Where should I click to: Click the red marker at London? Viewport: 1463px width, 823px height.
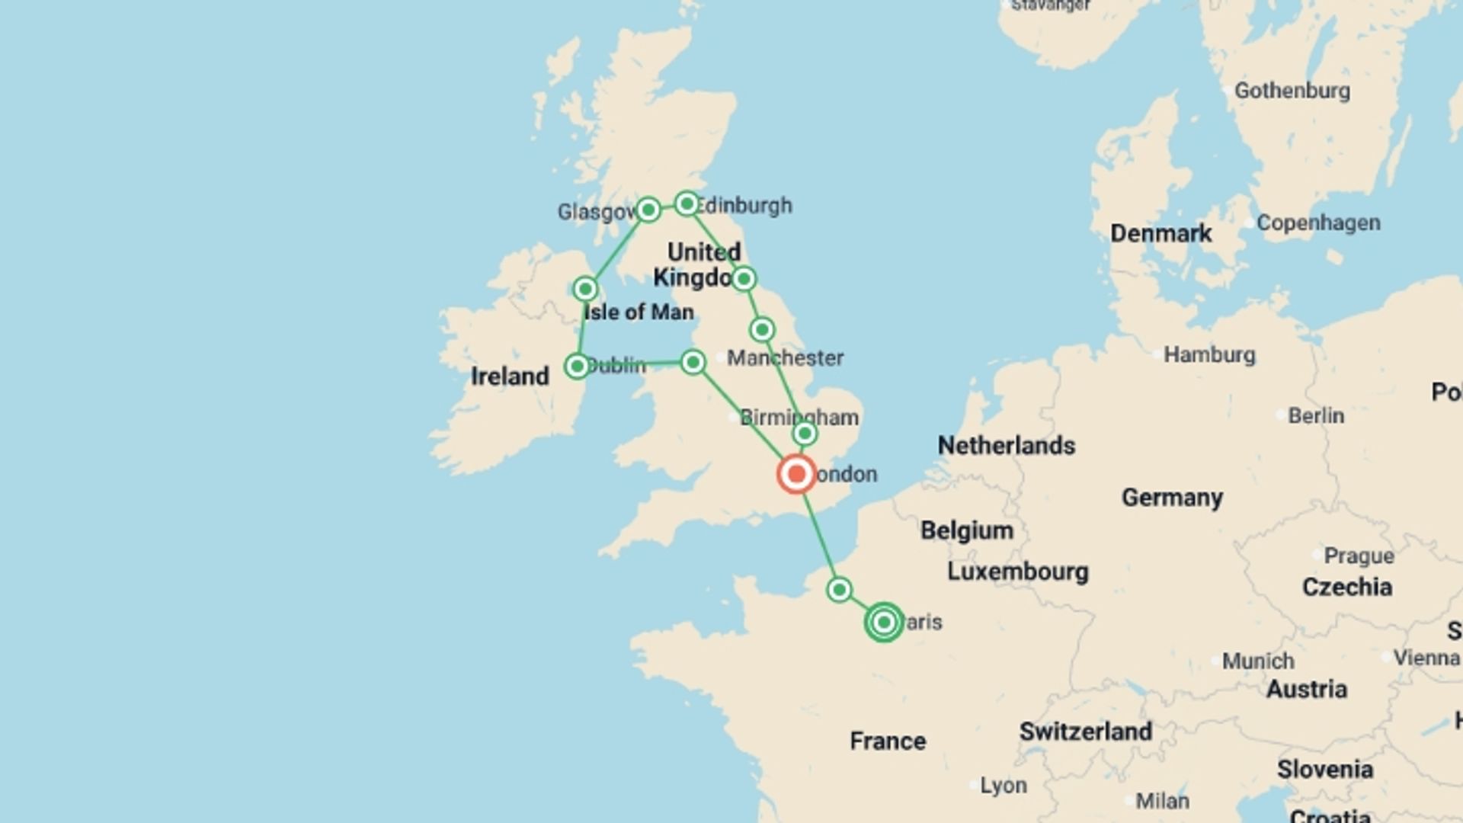point(796,474)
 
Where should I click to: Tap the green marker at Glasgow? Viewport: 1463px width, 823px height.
point(648,209)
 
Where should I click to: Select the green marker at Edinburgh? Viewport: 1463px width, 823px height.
point(687,203)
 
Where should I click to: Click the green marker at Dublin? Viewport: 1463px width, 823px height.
point(578,366)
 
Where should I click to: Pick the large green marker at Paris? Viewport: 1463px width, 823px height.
point(884,622)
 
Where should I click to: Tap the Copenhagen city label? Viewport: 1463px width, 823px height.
point(1317,223)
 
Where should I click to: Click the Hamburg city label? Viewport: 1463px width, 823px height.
point(1209,354)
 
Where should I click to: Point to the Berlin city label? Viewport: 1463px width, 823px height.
point(1315,415)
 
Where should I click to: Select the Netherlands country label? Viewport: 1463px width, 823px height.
point(1006,445)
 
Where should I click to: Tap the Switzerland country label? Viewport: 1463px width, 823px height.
point(1085,731)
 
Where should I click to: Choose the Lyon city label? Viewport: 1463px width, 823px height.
point(1003,785)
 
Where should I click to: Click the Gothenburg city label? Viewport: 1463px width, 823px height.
point(1292,91)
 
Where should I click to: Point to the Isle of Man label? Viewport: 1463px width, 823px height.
point(639,312)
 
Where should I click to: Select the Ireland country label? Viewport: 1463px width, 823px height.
point(509,376)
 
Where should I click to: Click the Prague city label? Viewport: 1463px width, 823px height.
point(1359,556)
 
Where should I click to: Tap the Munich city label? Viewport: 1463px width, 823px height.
point(1257,661)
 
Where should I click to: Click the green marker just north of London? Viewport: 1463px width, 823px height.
point(805,434)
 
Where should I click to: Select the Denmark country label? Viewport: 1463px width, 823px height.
point(1160,233)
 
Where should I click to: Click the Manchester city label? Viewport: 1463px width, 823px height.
point(785,357)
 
